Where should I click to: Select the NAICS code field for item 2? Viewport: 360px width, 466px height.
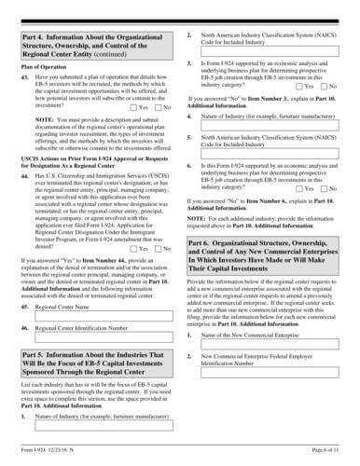click(270, 63)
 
